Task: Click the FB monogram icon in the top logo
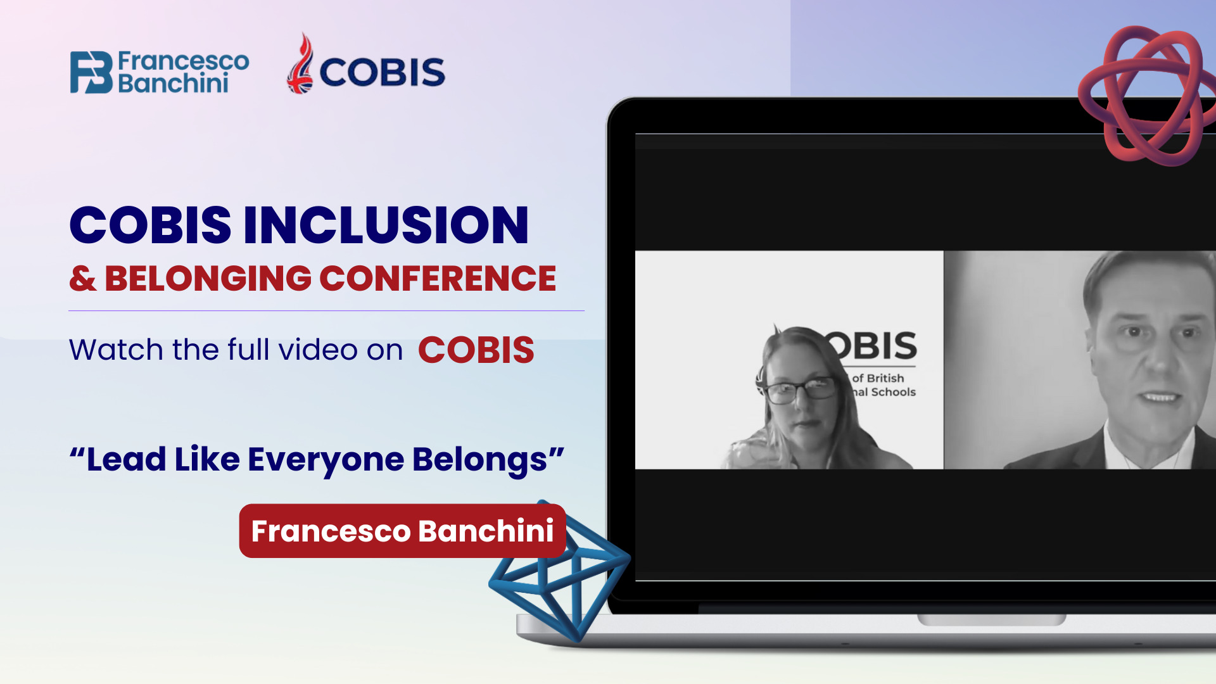pos(91,72)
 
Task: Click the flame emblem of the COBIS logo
pos(301,63)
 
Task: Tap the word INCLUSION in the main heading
pos(386,225)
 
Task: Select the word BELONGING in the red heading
pos(208,279)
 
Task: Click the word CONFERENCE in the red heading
pos(438,279)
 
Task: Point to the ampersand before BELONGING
pos(83,279)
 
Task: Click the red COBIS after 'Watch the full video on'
pos(476,350)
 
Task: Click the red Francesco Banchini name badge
pos(402,531)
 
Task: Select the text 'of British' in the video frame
pos(878,378)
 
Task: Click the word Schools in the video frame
pos(894,392)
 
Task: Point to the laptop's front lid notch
pos(991,619)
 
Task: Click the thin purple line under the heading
pos(326,310)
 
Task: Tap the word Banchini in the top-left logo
pos(173,84)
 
